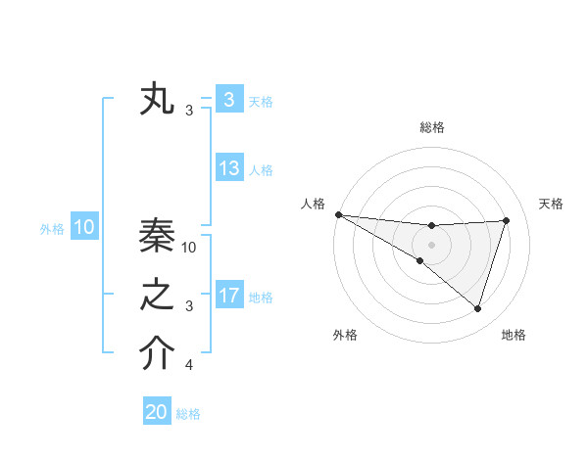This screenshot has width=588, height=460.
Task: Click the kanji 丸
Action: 157,101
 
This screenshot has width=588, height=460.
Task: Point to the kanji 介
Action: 157,355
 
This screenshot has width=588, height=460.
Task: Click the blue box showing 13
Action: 229,168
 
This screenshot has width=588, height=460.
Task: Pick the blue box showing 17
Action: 229,296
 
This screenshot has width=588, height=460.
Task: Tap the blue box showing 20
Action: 157,412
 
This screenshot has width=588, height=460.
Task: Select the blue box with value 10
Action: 83,228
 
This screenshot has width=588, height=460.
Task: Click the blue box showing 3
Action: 229,100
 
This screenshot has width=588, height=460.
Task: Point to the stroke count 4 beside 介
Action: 189,366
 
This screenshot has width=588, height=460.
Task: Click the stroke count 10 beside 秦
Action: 190,247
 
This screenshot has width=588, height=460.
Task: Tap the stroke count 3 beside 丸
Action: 189,111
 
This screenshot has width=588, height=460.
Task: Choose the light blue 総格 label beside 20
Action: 189,414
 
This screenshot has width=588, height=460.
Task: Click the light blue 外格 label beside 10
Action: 52,229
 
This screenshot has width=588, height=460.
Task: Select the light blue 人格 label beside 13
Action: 261,170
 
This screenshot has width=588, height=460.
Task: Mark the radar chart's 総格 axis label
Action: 431,127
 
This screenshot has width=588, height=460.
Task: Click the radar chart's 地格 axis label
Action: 514,335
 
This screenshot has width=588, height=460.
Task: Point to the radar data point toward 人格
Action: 338,214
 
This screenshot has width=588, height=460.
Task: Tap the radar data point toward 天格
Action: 506,220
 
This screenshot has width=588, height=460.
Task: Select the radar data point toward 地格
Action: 477,308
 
